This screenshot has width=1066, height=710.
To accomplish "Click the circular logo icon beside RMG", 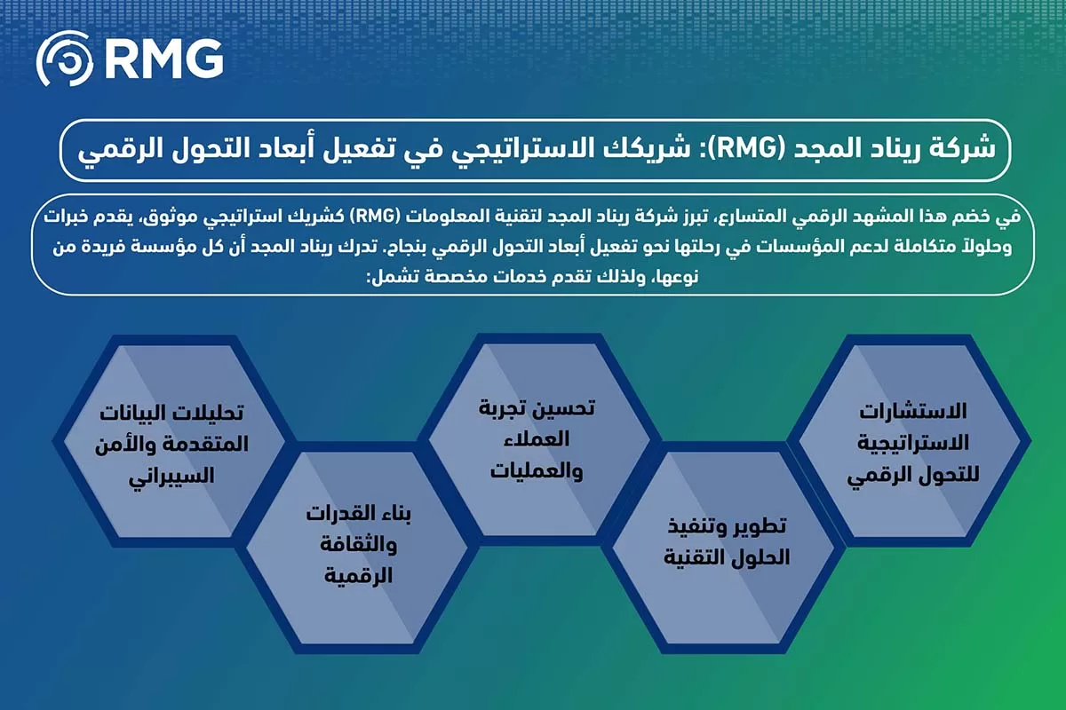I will [65, 59].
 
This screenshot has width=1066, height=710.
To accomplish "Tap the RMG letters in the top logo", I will [162, 59].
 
